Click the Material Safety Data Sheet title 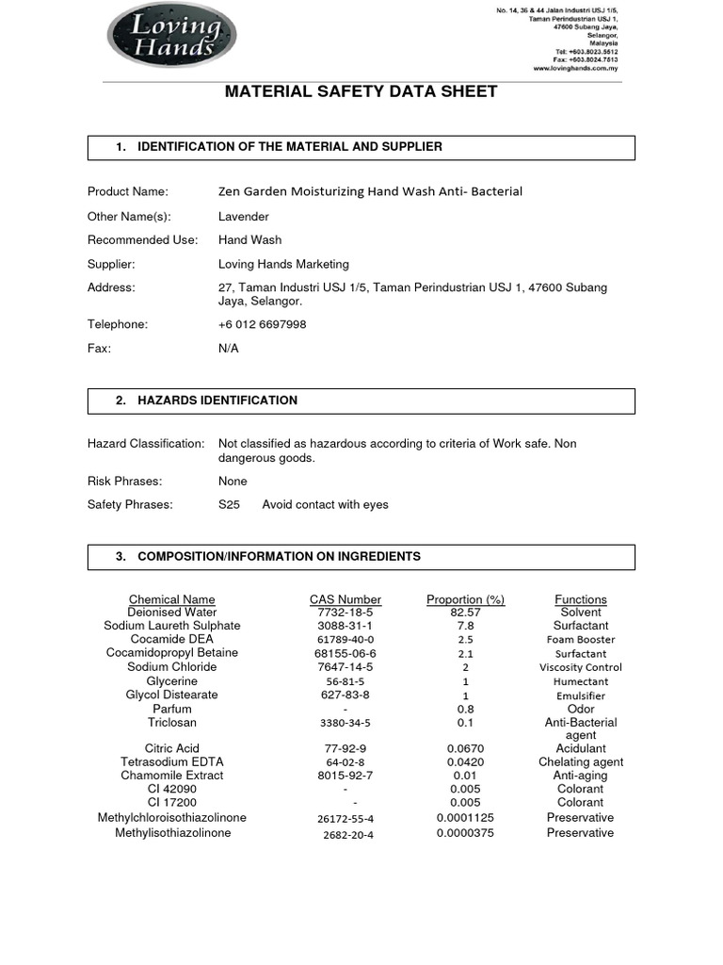(361, 91)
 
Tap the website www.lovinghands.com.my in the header (575, 69)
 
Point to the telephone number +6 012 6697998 (262, 324)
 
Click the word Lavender (244, 217)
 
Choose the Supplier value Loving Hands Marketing (283, 264)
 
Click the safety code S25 (229, 504)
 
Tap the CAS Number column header (345, 599)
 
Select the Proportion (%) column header (465, 599)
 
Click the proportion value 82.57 (465, 613)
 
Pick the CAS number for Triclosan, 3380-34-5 (345, 723)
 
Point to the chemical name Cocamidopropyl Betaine (171, 652)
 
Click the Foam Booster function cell (581, 639)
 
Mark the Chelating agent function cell (581, 761)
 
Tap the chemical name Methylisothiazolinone (172, 833)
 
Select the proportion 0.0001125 (465, 818)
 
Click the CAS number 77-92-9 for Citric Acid (345, 748)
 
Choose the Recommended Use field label (143, 240)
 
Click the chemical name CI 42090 (172, 789)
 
